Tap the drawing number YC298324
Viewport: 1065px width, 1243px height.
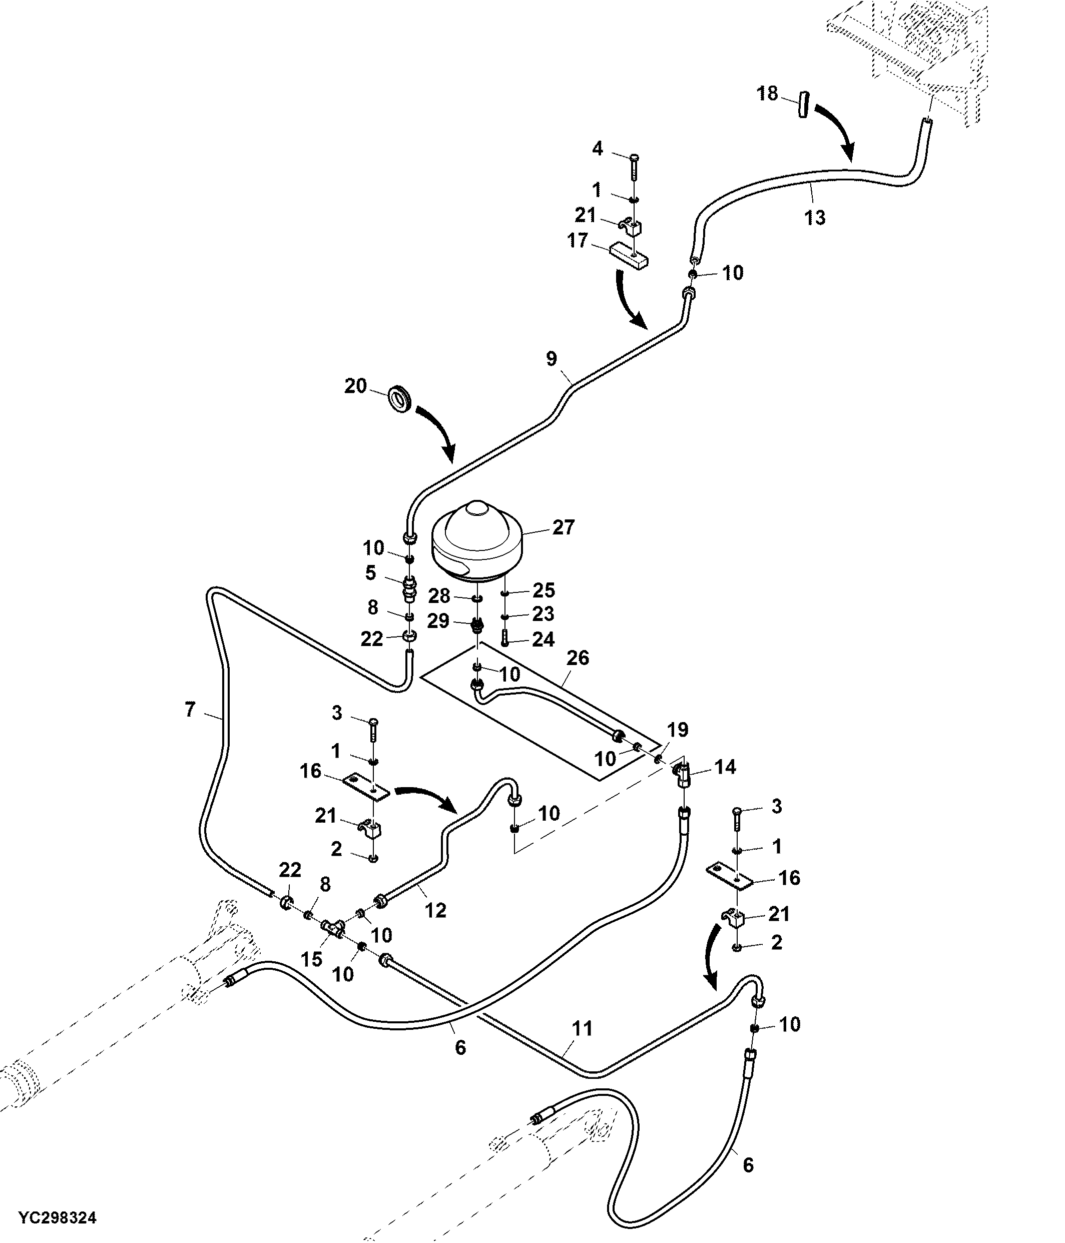[57, 1218]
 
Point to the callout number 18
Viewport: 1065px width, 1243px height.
[767, 94]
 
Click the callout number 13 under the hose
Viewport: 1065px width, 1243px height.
[815, 217]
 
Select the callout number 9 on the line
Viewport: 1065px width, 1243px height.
[552, 359]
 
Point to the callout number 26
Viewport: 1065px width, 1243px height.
[578, 658]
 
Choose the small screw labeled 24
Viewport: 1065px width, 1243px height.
[504, 639]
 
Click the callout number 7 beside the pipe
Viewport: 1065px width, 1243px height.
[190, 710]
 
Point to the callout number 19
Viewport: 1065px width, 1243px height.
[678, 730]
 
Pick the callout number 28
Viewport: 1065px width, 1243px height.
[439, 596]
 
